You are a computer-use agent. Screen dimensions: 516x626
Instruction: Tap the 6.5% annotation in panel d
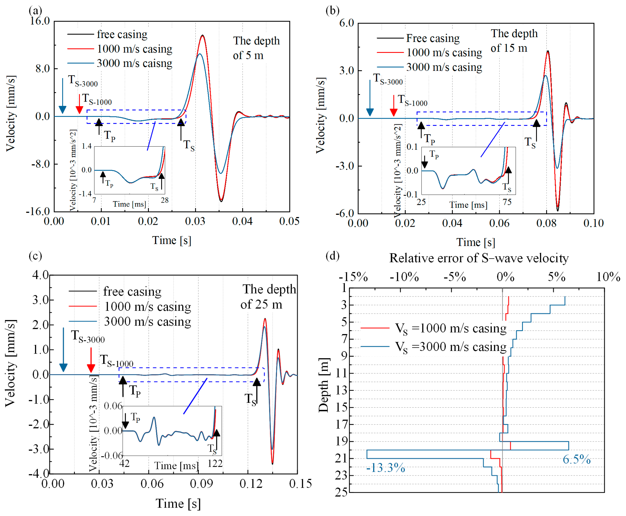point(576,460)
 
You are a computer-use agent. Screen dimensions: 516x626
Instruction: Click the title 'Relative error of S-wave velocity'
point(479,258)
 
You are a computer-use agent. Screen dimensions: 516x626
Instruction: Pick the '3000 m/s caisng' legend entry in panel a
point(134,63)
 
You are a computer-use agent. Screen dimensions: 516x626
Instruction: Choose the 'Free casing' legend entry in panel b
point(432,38)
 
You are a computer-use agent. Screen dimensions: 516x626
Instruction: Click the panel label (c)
point(35,256)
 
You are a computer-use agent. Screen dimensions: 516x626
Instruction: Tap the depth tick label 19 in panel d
point(341,441)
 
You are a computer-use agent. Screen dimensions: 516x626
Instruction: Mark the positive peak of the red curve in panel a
point(203,36)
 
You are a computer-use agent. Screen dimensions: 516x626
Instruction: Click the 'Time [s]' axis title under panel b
point(476,242)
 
